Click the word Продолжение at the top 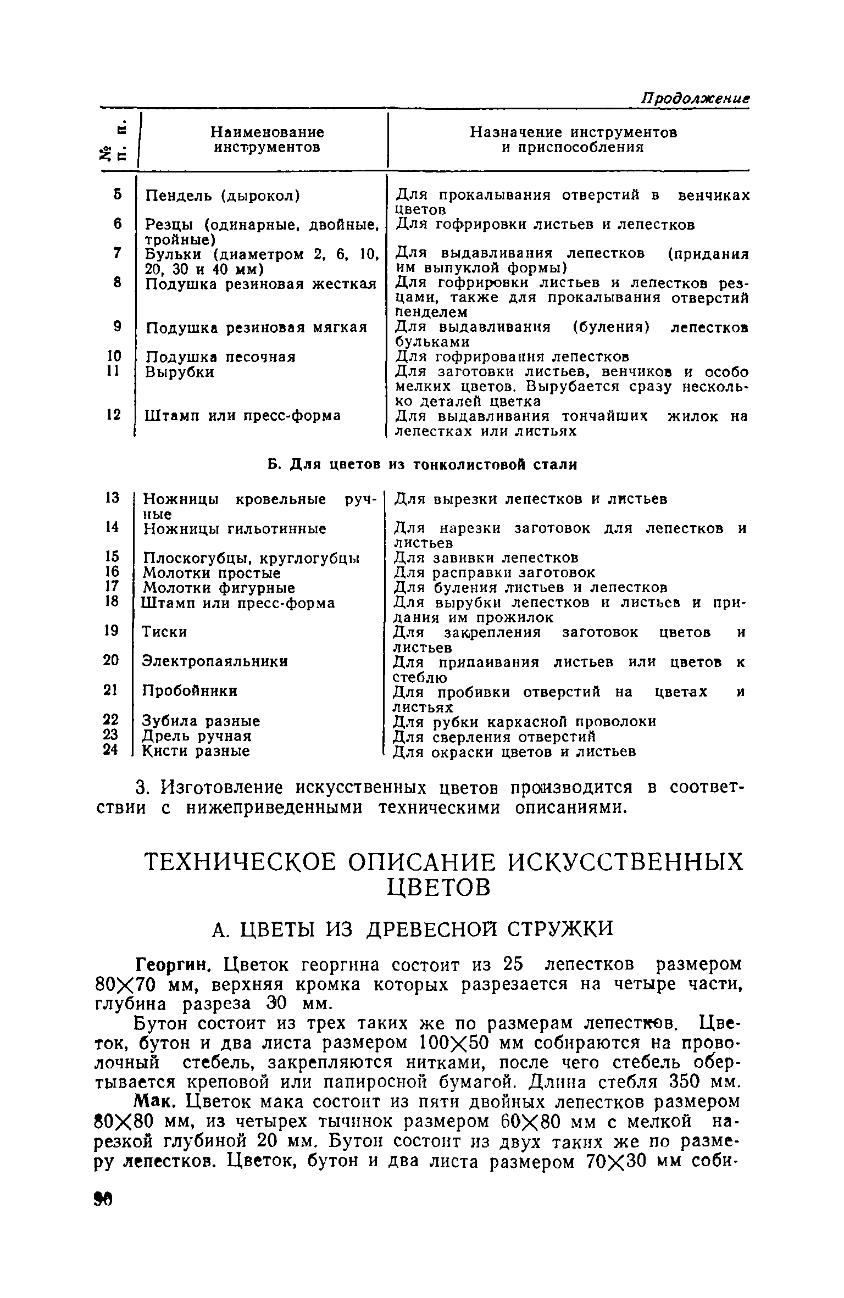tap(696, 98)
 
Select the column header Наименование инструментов tap(267, 140)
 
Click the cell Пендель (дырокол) tap(222, 196)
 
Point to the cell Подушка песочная tap(220, 357)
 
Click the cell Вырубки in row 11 tap(180, 372)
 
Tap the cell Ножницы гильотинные tap(234, 529)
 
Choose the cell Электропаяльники tap(215, 661)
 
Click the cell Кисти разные tap(196, 751)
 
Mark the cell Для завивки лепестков tap(486, 558)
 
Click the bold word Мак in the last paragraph tap(158, 1102)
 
